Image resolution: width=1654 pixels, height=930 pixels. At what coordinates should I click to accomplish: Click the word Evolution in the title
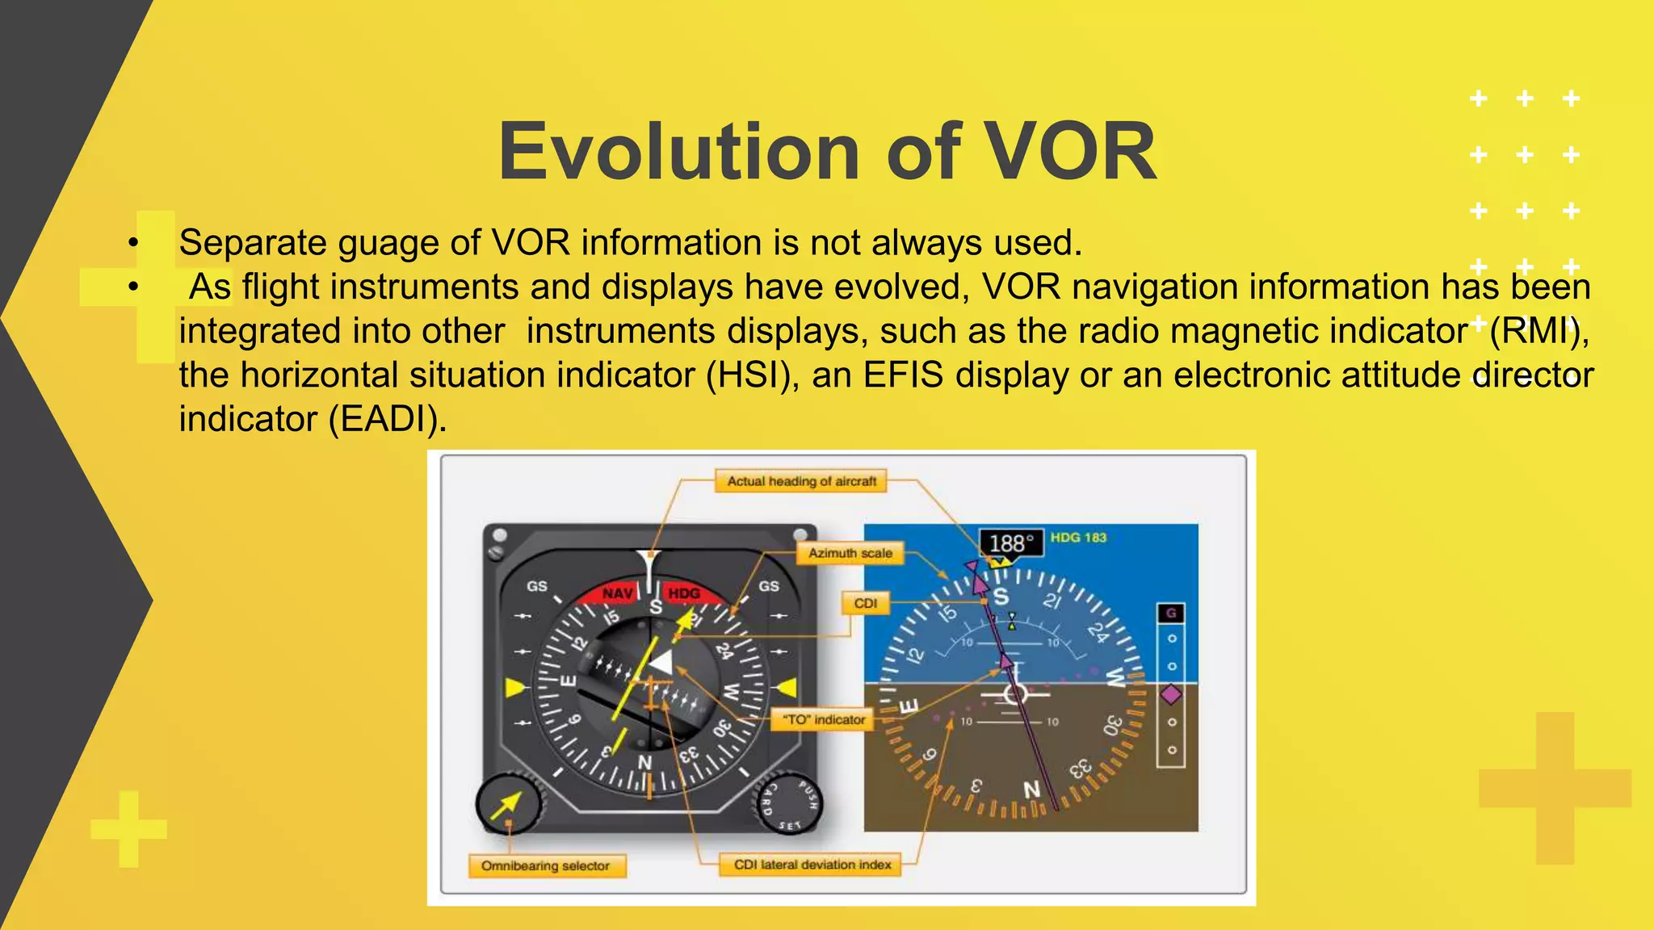678,152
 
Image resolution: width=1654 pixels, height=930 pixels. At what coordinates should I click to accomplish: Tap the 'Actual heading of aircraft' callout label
801,481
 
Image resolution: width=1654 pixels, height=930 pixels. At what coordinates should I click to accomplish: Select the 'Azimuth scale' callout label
850,553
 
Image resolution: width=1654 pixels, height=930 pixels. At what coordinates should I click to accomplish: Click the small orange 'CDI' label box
865,603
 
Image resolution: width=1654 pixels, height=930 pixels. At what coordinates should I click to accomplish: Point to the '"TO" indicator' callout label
823,719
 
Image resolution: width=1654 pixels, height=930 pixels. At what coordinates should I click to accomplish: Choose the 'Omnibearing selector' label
545,865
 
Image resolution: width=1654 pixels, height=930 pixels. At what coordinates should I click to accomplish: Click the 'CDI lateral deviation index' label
812,865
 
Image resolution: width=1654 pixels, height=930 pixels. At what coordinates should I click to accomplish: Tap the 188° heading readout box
1010,543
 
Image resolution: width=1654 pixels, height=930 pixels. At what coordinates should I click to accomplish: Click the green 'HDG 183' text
1078,538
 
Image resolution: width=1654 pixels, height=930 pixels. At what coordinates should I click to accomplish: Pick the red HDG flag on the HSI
685,593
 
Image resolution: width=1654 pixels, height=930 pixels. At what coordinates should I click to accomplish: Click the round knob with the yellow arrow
508,804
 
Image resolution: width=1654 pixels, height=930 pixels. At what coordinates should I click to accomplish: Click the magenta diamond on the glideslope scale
1170,694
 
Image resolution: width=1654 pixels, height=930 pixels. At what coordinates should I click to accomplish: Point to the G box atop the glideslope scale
1170,614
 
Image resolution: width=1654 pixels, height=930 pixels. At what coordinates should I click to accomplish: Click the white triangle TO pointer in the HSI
661,663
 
